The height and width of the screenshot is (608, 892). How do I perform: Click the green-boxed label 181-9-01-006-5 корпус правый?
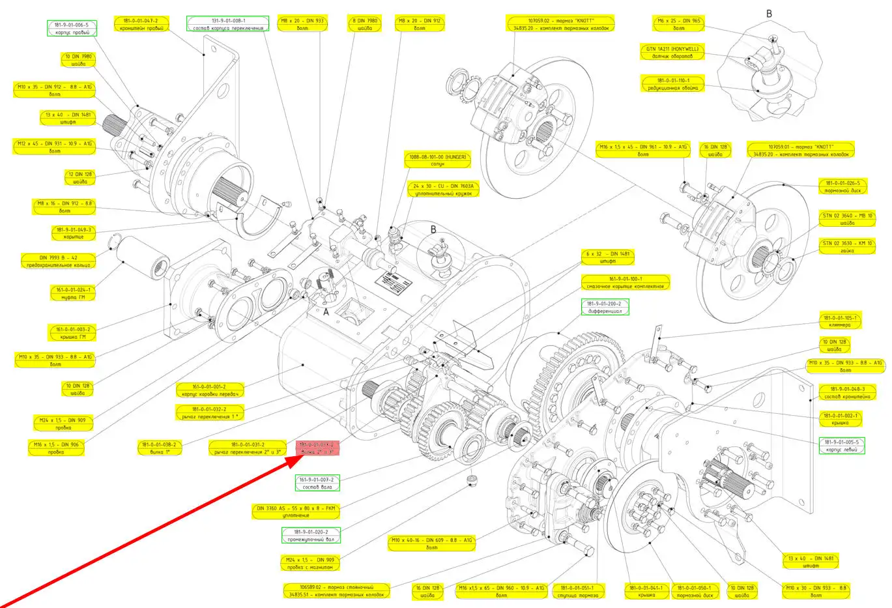(x=72, y=28)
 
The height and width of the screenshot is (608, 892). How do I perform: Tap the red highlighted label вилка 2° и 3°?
(x=317, y=448)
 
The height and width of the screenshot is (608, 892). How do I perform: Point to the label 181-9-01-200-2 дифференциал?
(x=605, y=307)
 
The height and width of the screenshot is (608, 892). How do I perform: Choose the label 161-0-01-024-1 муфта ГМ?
(x=74, y=293)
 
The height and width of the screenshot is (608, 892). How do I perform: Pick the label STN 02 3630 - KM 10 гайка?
(x=846, y=246)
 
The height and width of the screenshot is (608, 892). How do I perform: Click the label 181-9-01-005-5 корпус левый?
(x=841, y=446)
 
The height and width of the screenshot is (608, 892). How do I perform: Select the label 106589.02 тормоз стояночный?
(x=336, y=590)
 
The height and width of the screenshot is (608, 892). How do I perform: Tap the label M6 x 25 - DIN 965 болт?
(x=678, y=24)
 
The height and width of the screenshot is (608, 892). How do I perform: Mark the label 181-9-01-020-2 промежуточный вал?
(x=311, y=535)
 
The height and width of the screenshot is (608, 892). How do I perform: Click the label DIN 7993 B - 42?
(x=59, y=261)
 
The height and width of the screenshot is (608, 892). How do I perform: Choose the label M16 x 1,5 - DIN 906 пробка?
(x=56, y=448)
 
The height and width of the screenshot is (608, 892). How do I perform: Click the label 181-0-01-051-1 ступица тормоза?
(x=577, y=591)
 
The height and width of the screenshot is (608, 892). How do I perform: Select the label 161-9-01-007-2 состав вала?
(x=317, y=483)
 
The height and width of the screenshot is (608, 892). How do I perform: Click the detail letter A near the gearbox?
(x=326, y=312)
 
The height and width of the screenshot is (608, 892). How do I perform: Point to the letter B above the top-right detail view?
(x=769, y=14)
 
